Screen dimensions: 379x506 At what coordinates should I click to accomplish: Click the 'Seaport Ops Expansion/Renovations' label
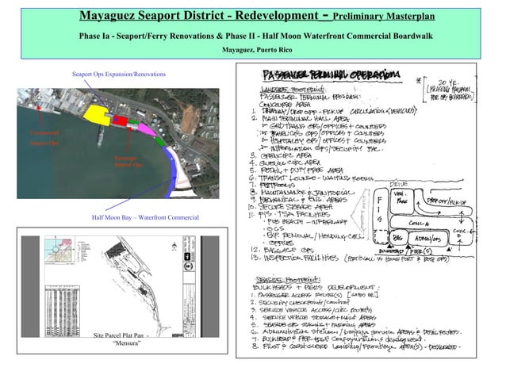pos(119,74)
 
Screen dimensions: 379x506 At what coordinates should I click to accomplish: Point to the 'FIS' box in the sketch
pos(381,208)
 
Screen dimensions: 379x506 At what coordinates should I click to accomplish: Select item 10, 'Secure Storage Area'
pos(301,205)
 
